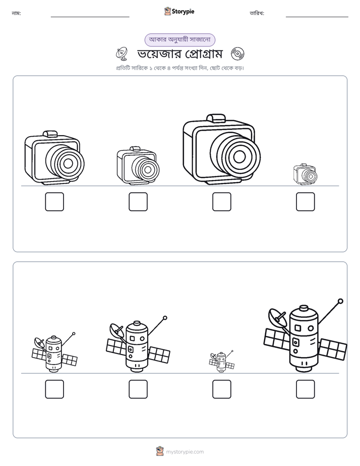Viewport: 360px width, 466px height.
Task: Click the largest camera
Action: pos(221,149)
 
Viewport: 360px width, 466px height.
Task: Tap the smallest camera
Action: pos(305,174)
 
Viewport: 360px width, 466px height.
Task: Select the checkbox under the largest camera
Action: pos(221,202)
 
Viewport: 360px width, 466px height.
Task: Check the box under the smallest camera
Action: pos(305,202)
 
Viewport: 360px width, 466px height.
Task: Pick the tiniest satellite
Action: pos(221,362)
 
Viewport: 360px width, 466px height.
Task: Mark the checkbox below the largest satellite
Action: pos(305,389)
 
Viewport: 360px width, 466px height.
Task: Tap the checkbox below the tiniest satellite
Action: pos(221,389)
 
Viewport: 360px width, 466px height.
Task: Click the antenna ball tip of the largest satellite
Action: pos(341,301)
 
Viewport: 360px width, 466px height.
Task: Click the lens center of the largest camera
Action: pos(239,157)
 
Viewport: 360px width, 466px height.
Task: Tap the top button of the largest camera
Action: pos(216,118)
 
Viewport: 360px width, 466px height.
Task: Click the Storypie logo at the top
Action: pos(179,11)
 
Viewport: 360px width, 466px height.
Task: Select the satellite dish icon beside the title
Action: pos(122,53)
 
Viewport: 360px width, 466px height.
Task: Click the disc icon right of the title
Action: pos(237,54)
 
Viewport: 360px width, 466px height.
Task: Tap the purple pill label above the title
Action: pos(179,40)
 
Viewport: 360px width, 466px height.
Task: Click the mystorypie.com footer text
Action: pos(185,452)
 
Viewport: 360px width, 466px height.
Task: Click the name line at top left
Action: pos(90,17)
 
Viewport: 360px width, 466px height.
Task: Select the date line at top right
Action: pos(317,17)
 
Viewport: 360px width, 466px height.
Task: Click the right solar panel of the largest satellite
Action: pos(333,349)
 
